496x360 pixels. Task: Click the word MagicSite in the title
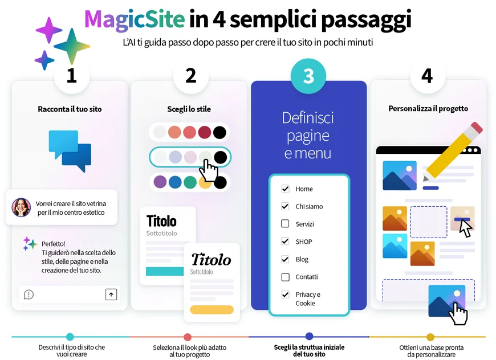(x=135, y=19)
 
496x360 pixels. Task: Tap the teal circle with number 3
(x=308, y=76)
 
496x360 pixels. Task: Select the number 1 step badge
(x=72, y=76)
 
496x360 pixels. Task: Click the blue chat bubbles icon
(x=70, y=151)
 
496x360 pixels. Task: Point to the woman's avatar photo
(x=21, y=207)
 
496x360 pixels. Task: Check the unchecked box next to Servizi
(x=285, y=224)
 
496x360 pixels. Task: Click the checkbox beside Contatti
(x=285, y=277)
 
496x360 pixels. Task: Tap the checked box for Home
(x=285, y=189)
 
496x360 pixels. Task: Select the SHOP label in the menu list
(x=304, y=242)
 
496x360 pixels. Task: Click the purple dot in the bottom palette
(x=160, y=182)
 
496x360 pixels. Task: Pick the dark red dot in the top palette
(x=204, y=132)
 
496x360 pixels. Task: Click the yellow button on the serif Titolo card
(x=212, y=309)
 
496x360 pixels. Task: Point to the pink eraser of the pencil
(x=477, y=128)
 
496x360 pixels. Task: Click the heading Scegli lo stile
(x=189, y=109)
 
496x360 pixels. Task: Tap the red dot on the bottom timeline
(x=188, y=337)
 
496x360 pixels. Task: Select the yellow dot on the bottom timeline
(x=430, y=337)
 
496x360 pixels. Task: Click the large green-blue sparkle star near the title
(x=72, y=46)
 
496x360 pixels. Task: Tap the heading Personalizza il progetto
(x=428, y=108)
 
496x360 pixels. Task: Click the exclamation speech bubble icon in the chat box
(x=29, y=294)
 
